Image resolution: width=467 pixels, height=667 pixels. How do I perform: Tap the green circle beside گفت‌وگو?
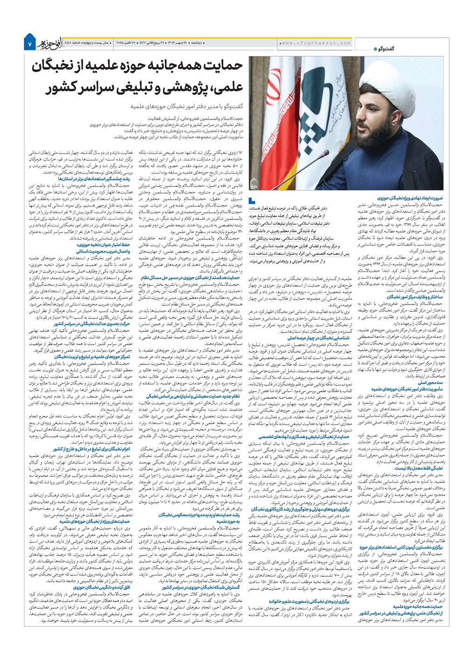tap(375, 49)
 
